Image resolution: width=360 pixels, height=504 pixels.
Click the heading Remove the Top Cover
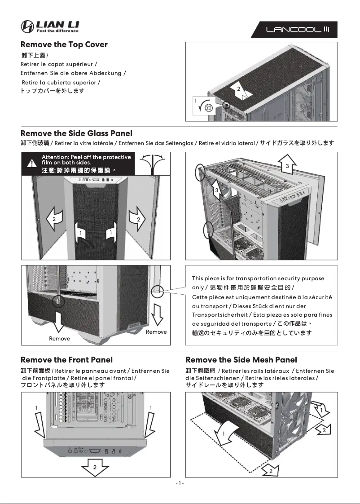point(64,44)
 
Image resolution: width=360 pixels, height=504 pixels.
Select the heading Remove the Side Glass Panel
point(76,133)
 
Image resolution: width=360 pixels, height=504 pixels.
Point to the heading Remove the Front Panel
point(66,360)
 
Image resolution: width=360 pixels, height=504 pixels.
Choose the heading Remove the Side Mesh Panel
point(241,360)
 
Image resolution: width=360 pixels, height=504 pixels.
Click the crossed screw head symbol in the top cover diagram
point(208,107)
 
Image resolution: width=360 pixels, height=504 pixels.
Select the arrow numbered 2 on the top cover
point(239,90)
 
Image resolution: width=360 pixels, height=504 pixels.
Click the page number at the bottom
point(180,483)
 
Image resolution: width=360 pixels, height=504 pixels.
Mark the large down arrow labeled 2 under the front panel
point(95,469)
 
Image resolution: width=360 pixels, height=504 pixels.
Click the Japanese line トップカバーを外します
point(53,91)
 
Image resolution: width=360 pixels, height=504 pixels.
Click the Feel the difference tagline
point(57,31)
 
